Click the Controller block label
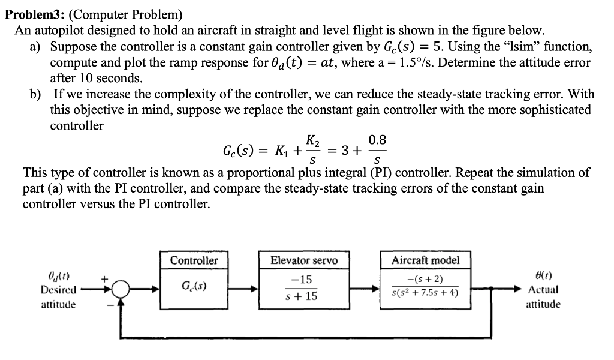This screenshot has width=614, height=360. coord(194,260)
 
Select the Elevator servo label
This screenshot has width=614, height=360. coord(304,260)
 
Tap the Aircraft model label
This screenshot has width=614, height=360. coord(425,260)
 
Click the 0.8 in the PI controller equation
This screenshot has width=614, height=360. coord(377,140)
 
